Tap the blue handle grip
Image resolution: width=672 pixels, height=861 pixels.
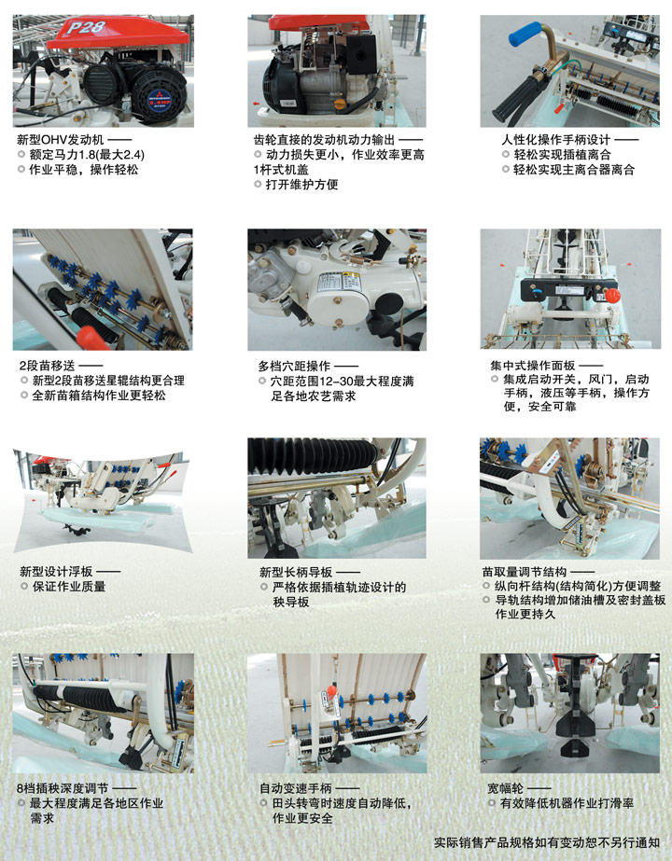[x=525, y=34]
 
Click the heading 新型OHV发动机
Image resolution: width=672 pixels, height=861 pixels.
[x=60, y=140]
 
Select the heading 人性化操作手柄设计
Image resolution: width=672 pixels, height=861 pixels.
[x=555, y=140]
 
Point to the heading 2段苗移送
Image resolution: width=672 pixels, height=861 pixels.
[x=48, y=365]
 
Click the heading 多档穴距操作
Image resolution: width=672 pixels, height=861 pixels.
[x=295, y=366]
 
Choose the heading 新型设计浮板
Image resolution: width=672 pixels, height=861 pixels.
[x=56, y=572]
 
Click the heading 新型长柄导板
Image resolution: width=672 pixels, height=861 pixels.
[x=296, y=572]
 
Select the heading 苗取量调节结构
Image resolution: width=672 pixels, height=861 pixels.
[x=525, y=572]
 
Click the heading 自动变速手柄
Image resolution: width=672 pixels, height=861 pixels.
[x=296, y=788]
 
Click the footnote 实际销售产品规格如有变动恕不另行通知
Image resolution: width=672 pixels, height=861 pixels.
[x=547, y=842]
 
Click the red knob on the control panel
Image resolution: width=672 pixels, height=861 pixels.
[x=612, y=296]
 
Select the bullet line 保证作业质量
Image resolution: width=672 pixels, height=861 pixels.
[x=69, y=587]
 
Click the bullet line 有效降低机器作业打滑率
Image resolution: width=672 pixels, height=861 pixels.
[x=567, y=803]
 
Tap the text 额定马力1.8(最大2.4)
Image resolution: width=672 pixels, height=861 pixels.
[x=87, y=155]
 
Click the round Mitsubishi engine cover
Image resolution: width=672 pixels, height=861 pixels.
[x=160, y=97]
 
